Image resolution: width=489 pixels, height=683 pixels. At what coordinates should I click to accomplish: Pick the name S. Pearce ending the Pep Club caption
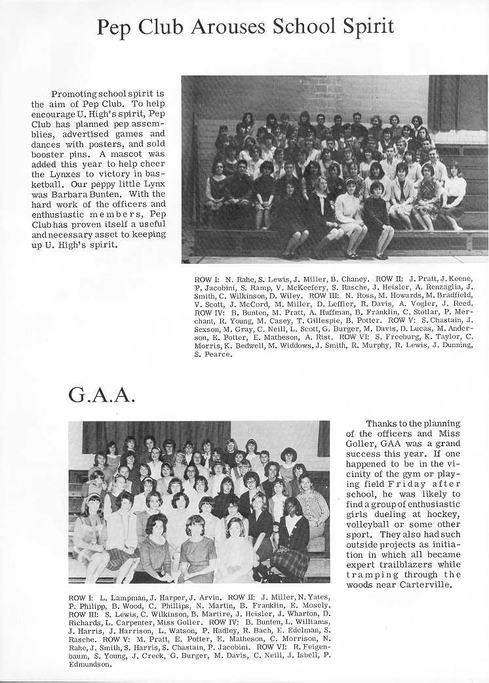[x=213, y=355]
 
